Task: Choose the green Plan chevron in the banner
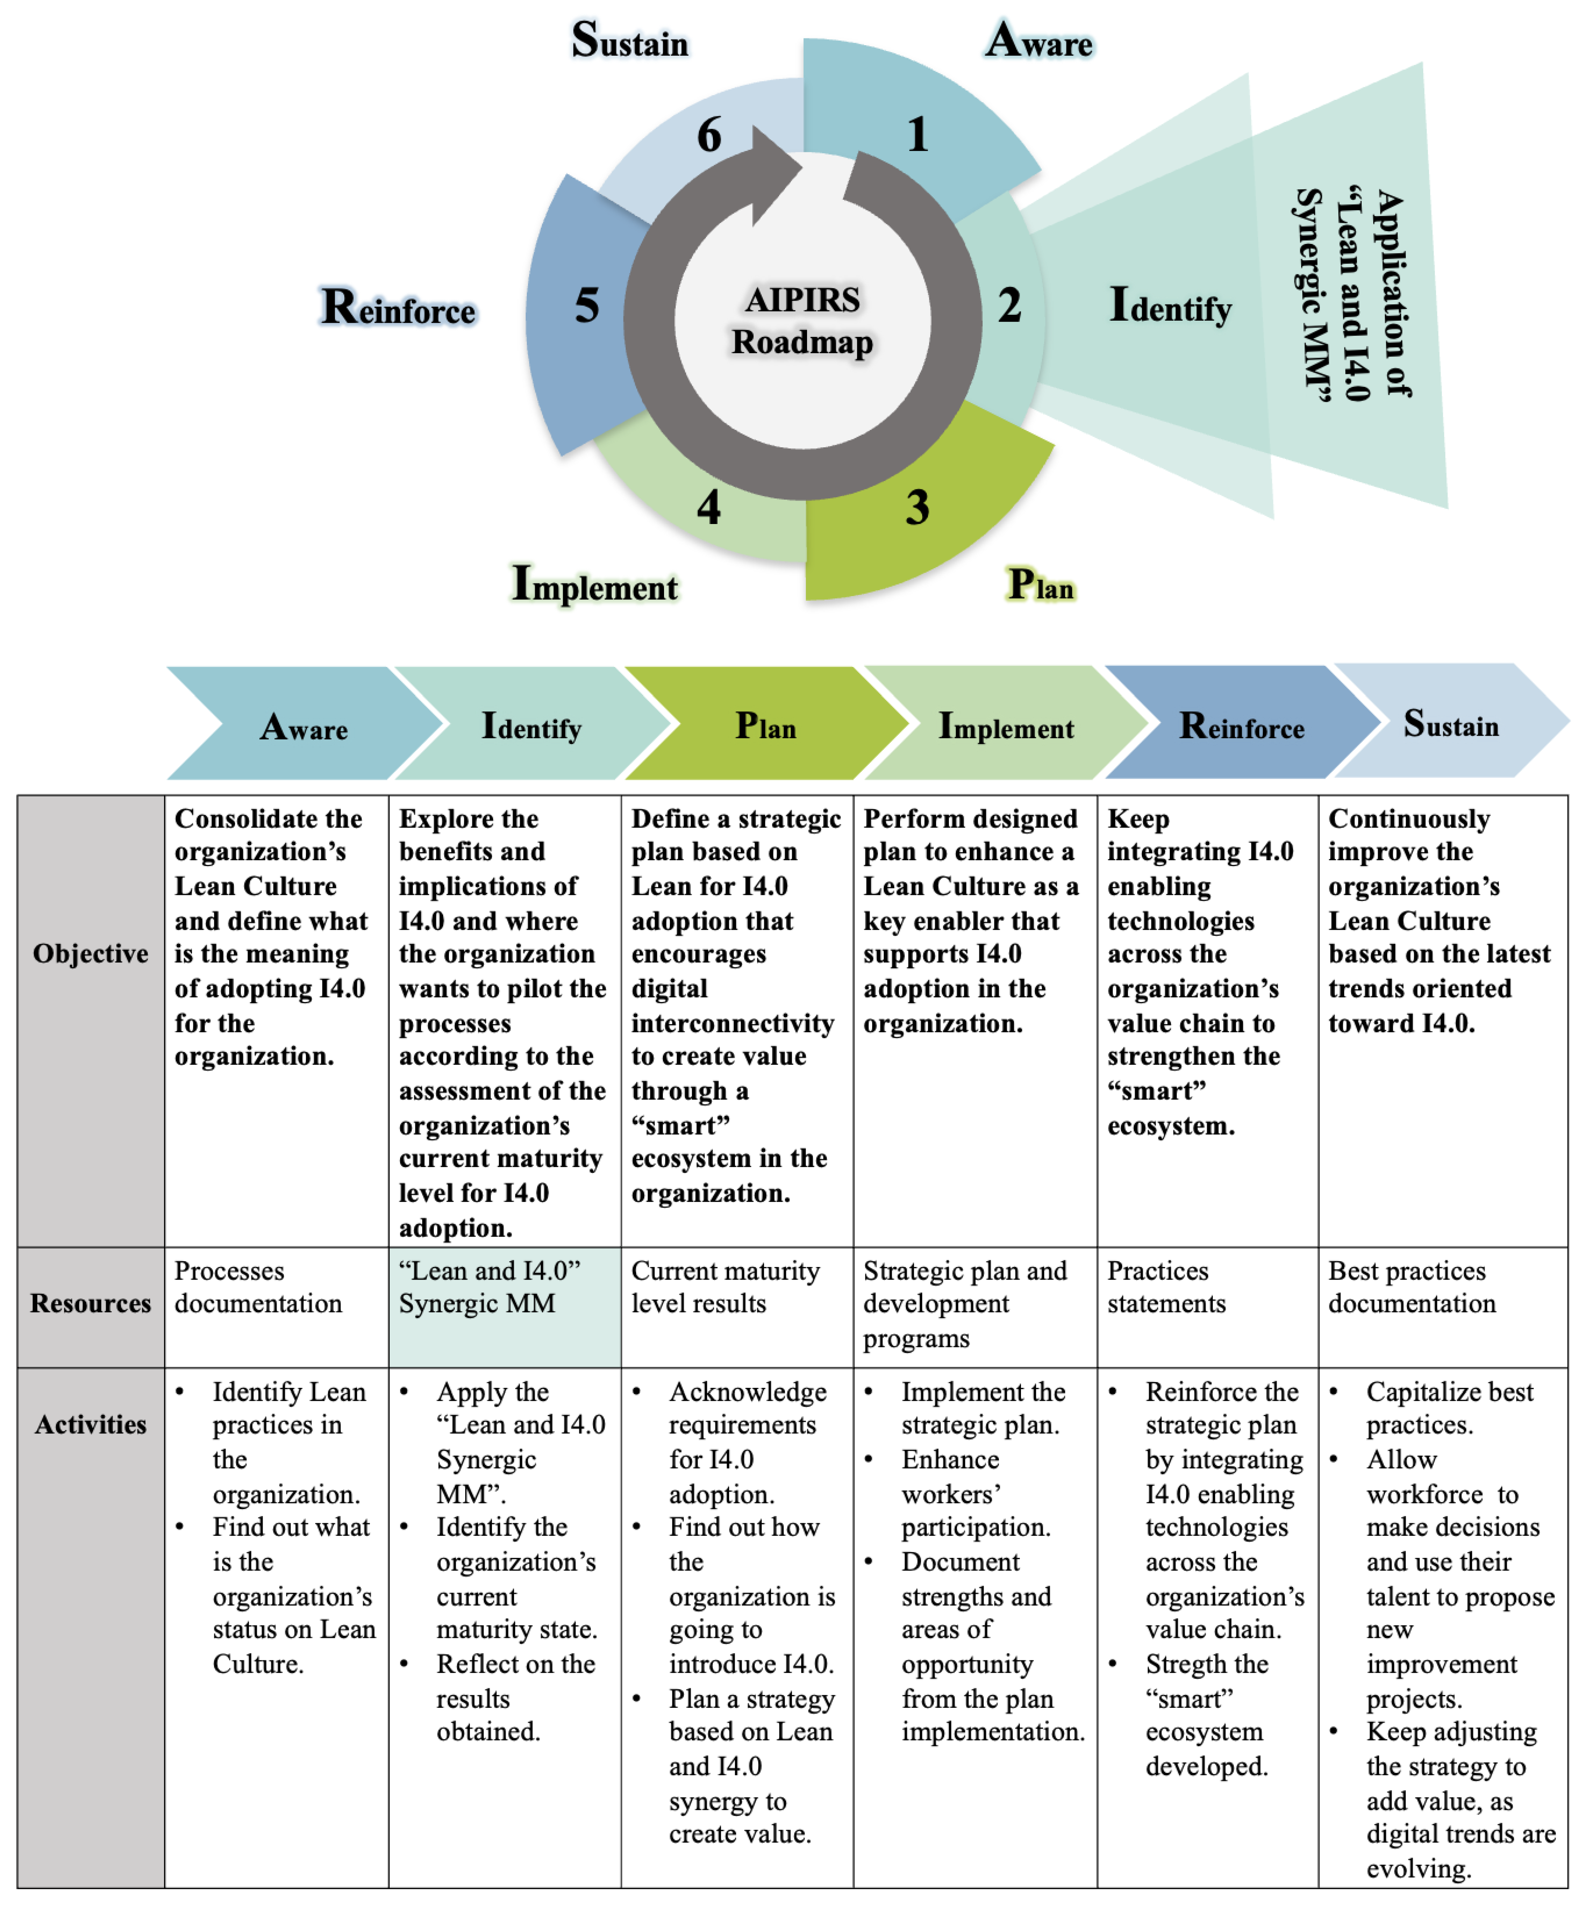point(765,726)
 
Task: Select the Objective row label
point(91,954)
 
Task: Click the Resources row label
point(91,1304)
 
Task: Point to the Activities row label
point(91,1424)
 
